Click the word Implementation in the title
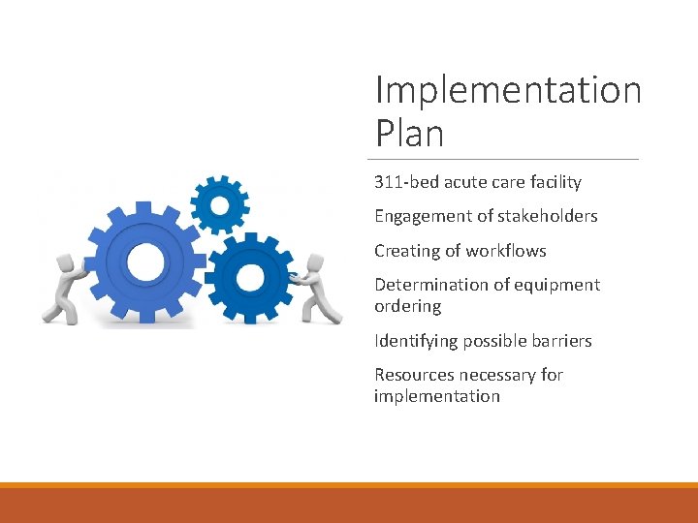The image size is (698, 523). pos(508,90)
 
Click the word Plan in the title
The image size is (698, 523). pos(409,133)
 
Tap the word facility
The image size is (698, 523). pos(553,182)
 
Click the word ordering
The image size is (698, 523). pos(407,306)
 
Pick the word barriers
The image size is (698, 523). pos(558,341)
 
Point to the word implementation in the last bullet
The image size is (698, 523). pos(436,396)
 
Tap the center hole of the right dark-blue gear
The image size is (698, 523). pos(249,278)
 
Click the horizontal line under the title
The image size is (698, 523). pos(504,159)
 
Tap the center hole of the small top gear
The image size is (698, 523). pos(220,204)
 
